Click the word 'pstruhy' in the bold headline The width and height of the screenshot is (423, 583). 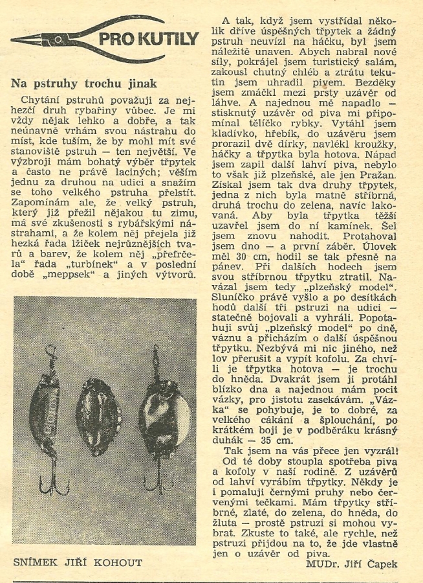click(58, 84)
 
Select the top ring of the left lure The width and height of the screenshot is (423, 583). click(49, 353)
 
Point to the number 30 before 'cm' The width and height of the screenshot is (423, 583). click(244, 237)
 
